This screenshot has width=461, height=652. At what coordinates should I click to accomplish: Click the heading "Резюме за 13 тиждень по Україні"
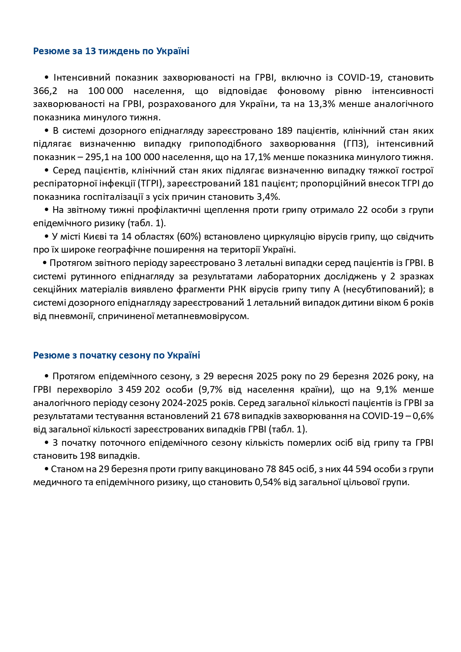(111, 51)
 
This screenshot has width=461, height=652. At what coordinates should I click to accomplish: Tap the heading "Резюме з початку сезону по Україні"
(117, 355)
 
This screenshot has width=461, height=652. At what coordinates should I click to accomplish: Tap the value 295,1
(98, 157)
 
